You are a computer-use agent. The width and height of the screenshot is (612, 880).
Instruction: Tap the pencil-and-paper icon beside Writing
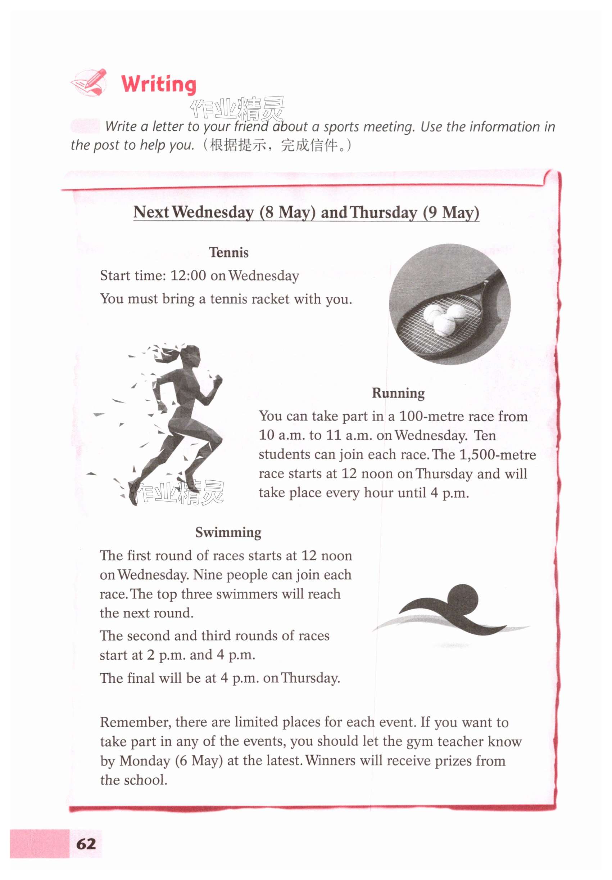point(89,82)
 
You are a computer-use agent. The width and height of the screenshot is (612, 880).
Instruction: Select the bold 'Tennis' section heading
point(228,252)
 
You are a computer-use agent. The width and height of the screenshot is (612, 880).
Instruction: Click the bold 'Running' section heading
point(398,393)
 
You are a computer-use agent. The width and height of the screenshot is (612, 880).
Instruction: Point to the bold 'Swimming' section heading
point(228,533)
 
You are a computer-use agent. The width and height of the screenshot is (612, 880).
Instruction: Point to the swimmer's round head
point(462,599)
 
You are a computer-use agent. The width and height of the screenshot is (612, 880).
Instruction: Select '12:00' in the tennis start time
point(188,275)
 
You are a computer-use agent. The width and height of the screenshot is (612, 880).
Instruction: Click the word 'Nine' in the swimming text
point(208,575)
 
